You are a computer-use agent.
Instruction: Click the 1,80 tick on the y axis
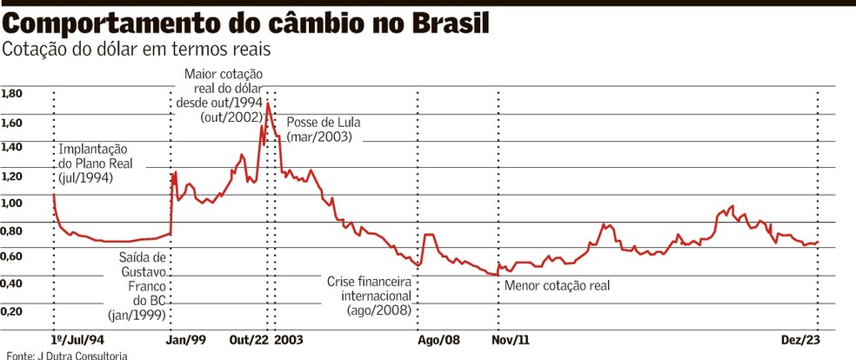(12, 94)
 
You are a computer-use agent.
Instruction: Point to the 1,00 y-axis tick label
(12, 203)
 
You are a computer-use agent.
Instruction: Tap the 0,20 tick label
(12, 310)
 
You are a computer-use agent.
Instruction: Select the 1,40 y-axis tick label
(12, 149)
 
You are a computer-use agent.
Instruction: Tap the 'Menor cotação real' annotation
(558, 285)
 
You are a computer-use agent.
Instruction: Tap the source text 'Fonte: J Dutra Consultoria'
(67, 355)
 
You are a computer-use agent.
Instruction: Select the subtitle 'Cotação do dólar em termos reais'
(137, 50)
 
